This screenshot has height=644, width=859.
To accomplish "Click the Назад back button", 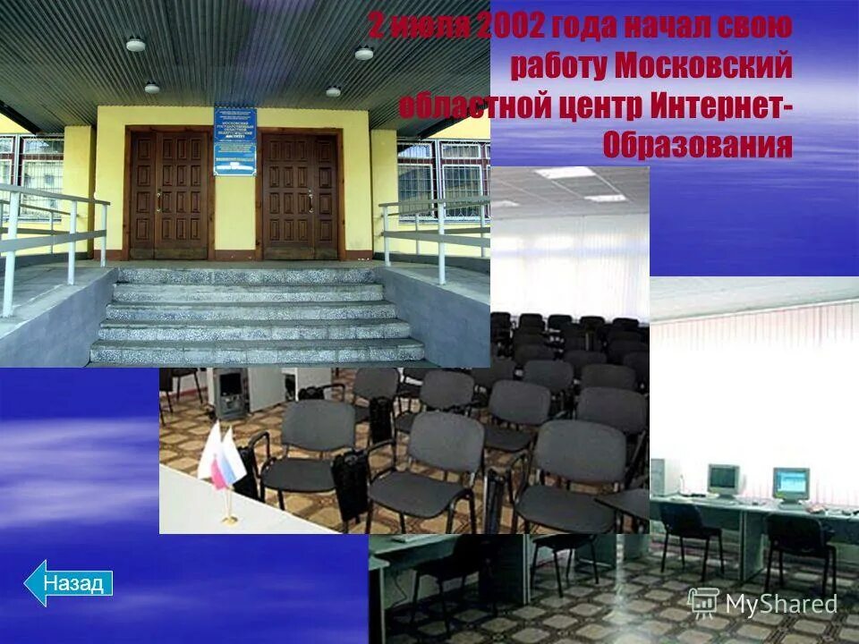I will [69, 583].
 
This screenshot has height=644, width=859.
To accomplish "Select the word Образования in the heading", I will [698, 144].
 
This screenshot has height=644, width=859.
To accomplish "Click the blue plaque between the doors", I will [234, 141].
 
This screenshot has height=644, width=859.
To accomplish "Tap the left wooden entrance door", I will [168, 195].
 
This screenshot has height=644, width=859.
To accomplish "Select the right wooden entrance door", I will [300, 195].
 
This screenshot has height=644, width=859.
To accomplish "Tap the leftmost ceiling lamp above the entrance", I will [135, 44].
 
